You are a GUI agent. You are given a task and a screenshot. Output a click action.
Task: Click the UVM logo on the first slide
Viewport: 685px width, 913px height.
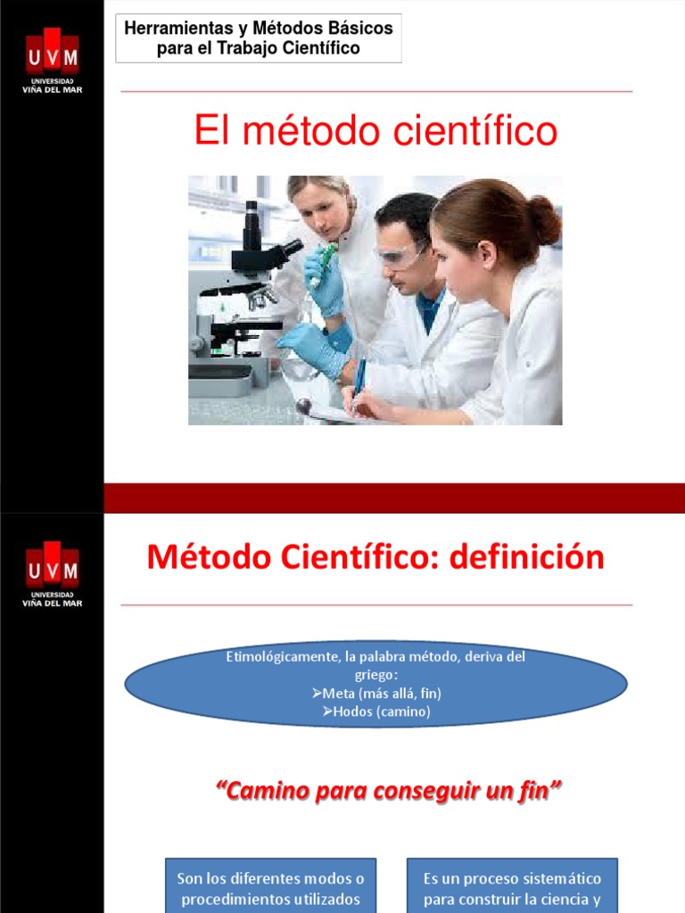tap(52, 58)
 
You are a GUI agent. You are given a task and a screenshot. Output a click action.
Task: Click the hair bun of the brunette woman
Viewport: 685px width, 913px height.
tap(541, 219)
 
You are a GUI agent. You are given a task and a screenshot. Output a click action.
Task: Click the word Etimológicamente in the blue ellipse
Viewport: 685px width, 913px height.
tap(280, 657)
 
